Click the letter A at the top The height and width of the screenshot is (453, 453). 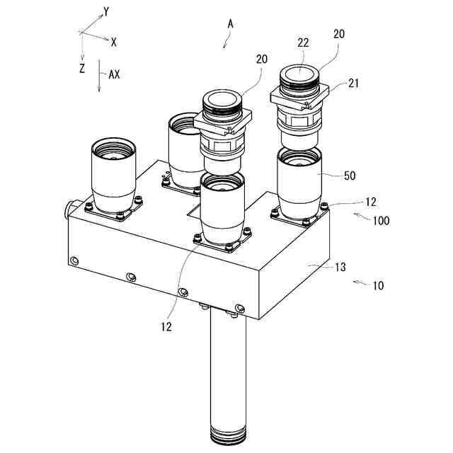[x=230, y=23]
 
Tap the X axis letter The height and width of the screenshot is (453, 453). [x=113, y=42]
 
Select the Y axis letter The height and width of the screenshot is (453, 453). [x=106, y=11]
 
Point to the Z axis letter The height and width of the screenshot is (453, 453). [x=83, y=68]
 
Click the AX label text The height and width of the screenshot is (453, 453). [x=113, y=73]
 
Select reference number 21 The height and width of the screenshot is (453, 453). [x=354, y=84]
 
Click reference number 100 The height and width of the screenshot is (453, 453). [x=381, y=220]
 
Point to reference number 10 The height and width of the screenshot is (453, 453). [x=378, y=286]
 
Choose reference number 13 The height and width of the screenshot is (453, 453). [x=340, y=267]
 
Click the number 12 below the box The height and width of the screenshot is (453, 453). [x=166, y=326]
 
